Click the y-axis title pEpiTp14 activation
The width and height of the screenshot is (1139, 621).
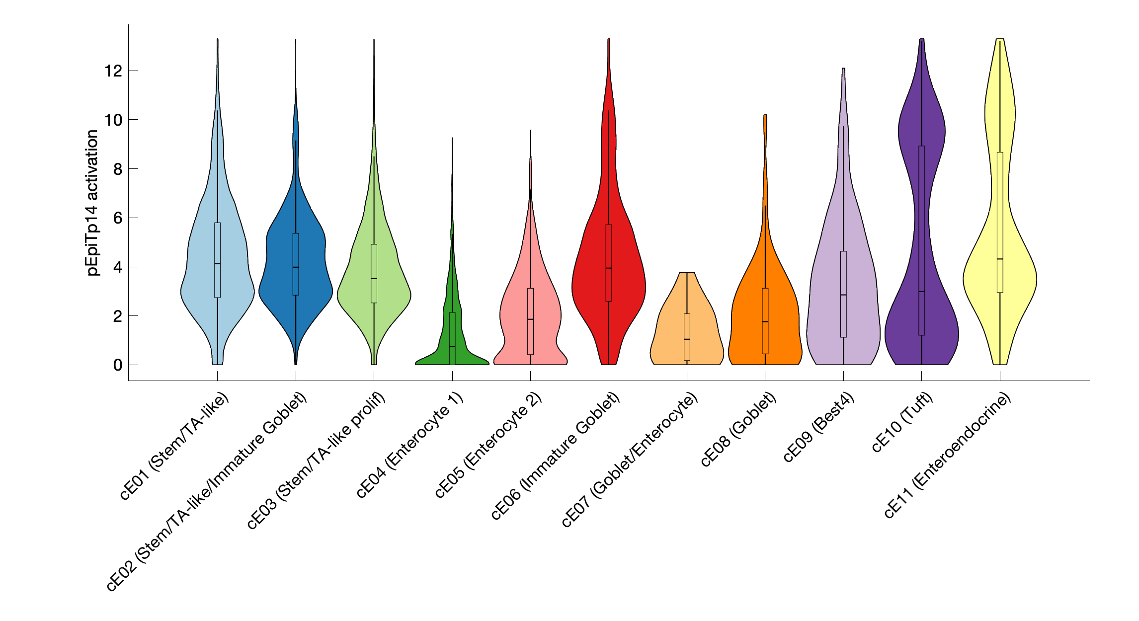click(92, 203)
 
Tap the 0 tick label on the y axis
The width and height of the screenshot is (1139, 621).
click(118, 365)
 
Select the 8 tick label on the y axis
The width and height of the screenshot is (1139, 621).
click(118, 169)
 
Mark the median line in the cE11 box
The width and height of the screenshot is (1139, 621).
click(1000, 259)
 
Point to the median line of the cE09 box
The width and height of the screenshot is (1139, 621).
click(843, 295)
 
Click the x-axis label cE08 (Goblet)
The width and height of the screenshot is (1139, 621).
click(738, 430)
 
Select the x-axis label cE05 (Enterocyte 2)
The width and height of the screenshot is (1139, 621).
click(488, 446)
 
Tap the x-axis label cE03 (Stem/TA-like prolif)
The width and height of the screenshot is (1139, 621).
click(317, 461)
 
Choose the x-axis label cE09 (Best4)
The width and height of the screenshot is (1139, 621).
click(819, 428)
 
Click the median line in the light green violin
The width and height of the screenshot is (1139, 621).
click(374, 279)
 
